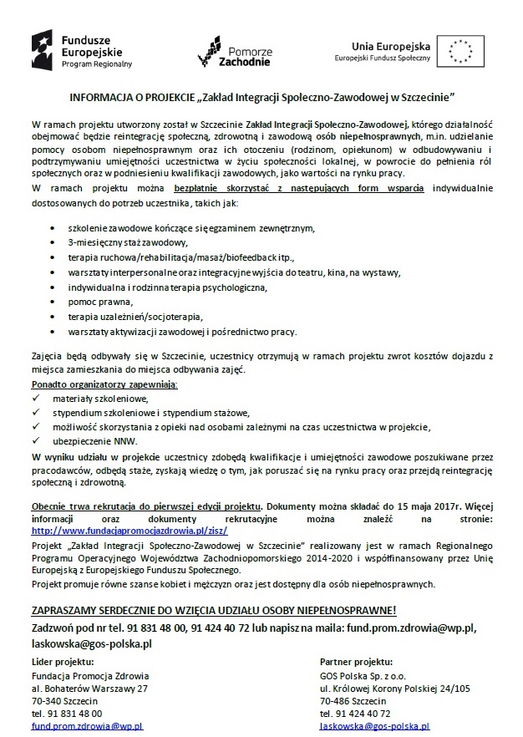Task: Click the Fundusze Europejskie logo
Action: coord(81,49)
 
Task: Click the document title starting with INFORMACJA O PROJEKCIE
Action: coord(261,96)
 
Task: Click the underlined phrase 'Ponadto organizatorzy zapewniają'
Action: coord(105,384)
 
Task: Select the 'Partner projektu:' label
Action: coord(355,660)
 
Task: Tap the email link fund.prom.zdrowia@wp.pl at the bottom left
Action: coord(87,728)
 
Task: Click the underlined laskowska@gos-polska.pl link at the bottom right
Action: coord(374,728)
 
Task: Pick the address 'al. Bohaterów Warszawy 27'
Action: coord(89,688)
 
